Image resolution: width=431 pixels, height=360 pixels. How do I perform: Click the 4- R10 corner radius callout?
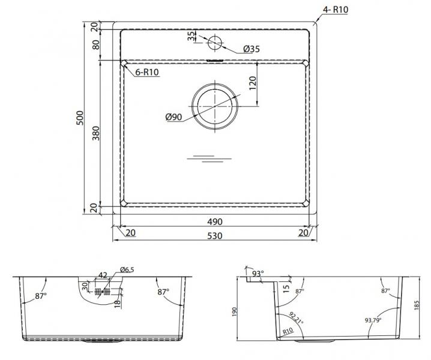click(x=336, y=9)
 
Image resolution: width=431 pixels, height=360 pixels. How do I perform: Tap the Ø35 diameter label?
click(x=253, y=50)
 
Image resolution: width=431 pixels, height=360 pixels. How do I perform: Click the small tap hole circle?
click(x=214, y=43)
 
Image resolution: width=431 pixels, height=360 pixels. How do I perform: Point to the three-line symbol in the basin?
click(x=209, y=158)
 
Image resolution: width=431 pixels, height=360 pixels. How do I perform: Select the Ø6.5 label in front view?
click(x=127, y=269)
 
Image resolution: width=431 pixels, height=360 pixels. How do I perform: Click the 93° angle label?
click(x=258, y=274)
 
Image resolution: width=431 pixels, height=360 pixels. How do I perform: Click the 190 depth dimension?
click(x=235, y=312)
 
